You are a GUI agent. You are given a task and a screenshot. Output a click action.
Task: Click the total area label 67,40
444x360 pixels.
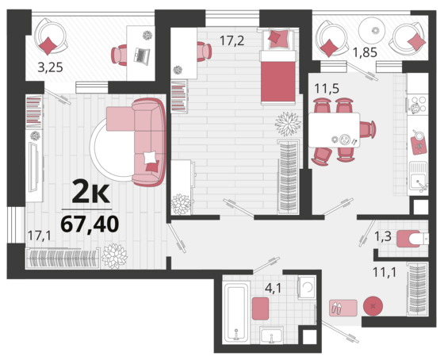(90, 224)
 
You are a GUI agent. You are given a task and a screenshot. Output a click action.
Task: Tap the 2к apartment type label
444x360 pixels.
(90, 193)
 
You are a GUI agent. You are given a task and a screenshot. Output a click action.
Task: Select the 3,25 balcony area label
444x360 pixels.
(50, 67)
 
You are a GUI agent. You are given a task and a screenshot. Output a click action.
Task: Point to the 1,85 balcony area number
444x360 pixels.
(365, 52)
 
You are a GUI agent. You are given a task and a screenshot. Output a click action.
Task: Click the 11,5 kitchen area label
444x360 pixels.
(327, 89)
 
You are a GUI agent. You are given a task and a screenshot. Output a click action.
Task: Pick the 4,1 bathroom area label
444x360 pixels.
(273, 288)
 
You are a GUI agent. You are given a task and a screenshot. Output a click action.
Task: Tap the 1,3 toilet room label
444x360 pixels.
(383, 236)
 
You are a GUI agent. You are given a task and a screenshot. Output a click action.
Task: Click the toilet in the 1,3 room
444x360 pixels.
(412, 239)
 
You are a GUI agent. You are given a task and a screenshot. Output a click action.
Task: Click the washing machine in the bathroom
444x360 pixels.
(307, 287)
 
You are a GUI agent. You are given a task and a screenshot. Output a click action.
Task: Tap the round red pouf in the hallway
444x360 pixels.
(373, 306)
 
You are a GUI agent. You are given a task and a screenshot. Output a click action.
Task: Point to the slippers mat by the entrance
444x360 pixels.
(343, 308)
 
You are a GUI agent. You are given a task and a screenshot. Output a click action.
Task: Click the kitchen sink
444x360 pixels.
(418, 178)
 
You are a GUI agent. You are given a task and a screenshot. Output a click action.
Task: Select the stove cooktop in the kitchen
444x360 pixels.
(417, 104)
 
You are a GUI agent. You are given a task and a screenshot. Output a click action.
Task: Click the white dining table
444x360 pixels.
(334, 130)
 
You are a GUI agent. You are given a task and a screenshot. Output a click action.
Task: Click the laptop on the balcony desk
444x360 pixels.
(142, 55)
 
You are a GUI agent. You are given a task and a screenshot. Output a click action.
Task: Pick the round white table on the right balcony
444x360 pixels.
(372, 30)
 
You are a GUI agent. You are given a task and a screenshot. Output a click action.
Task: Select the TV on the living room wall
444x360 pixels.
(33, 167)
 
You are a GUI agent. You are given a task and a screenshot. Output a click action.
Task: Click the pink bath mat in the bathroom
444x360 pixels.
(260, 308)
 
